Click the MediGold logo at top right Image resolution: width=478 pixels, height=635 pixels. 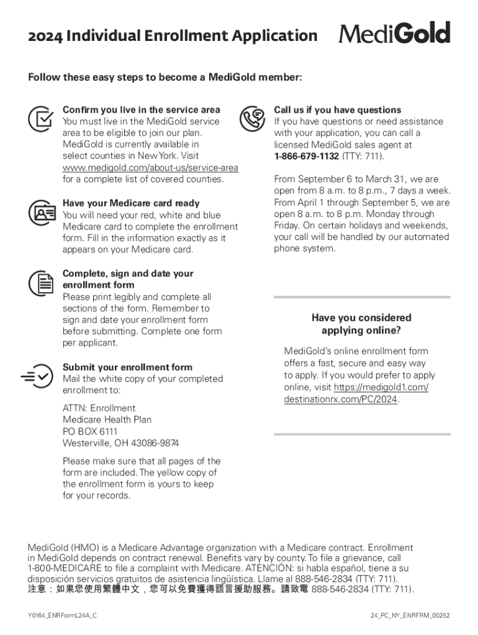click(395, 33)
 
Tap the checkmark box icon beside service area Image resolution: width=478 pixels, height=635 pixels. click(40, 117)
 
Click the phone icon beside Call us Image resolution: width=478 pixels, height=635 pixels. click(252, 117)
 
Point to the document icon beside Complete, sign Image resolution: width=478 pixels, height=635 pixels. click(40, 283)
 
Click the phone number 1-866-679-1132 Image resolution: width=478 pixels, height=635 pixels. click(306, 156)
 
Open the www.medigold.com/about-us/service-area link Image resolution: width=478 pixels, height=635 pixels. click(150, 168)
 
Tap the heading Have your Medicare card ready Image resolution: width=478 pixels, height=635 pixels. click(131, 203)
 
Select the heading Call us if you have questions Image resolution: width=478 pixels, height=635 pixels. click(338, 110)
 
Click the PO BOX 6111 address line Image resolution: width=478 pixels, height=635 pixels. click(90, 432)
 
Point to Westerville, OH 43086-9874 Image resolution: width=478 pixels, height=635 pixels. click(120, 443)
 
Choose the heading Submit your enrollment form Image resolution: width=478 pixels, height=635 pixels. click(127, 367)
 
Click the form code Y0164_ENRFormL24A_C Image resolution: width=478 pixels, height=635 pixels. click(62, 615)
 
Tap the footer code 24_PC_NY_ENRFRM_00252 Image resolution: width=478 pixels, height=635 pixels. click(409, 615)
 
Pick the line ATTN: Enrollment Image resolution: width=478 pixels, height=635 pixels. click(99, 408)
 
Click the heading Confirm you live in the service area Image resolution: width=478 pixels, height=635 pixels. click(142, 110)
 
